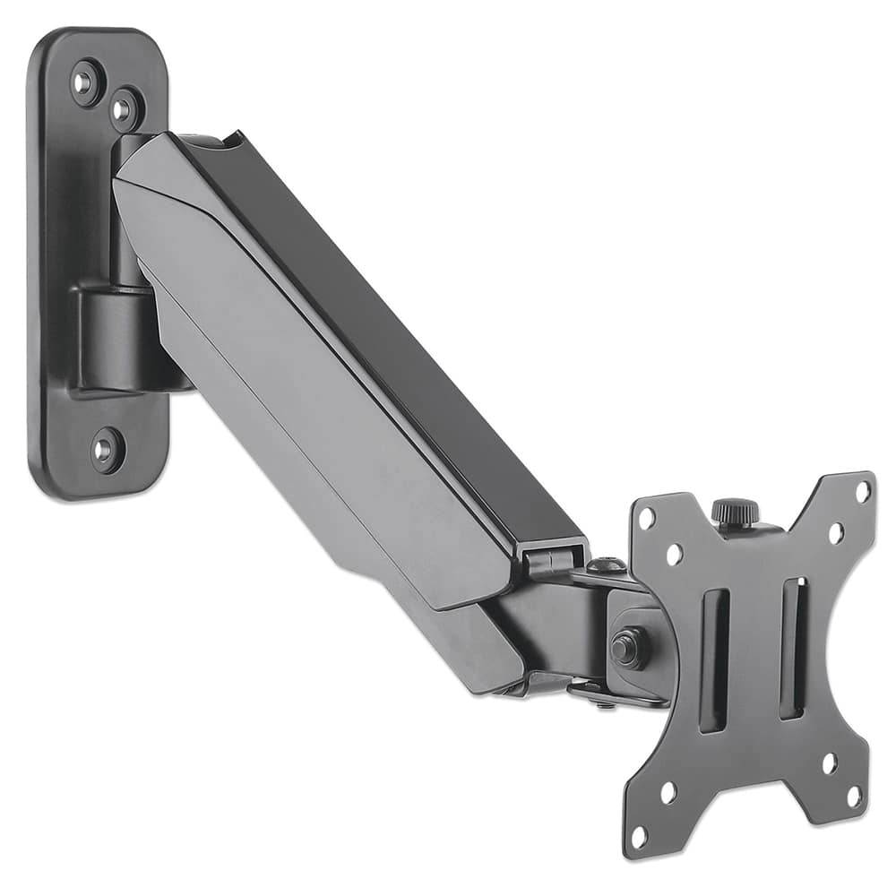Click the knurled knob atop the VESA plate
pos(735,513)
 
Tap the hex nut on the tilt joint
pos(627,647)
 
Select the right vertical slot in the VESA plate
pos(793,647)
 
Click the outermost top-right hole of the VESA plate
pos(862,492)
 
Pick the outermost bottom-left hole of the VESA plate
pos(639,837)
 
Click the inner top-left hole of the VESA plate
pos(674,555)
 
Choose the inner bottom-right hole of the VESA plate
pos(829,763)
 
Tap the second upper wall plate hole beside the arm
pos(125,108)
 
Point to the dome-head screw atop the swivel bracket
pos(606,565)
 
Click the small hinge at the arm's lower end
pos(548,561)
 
